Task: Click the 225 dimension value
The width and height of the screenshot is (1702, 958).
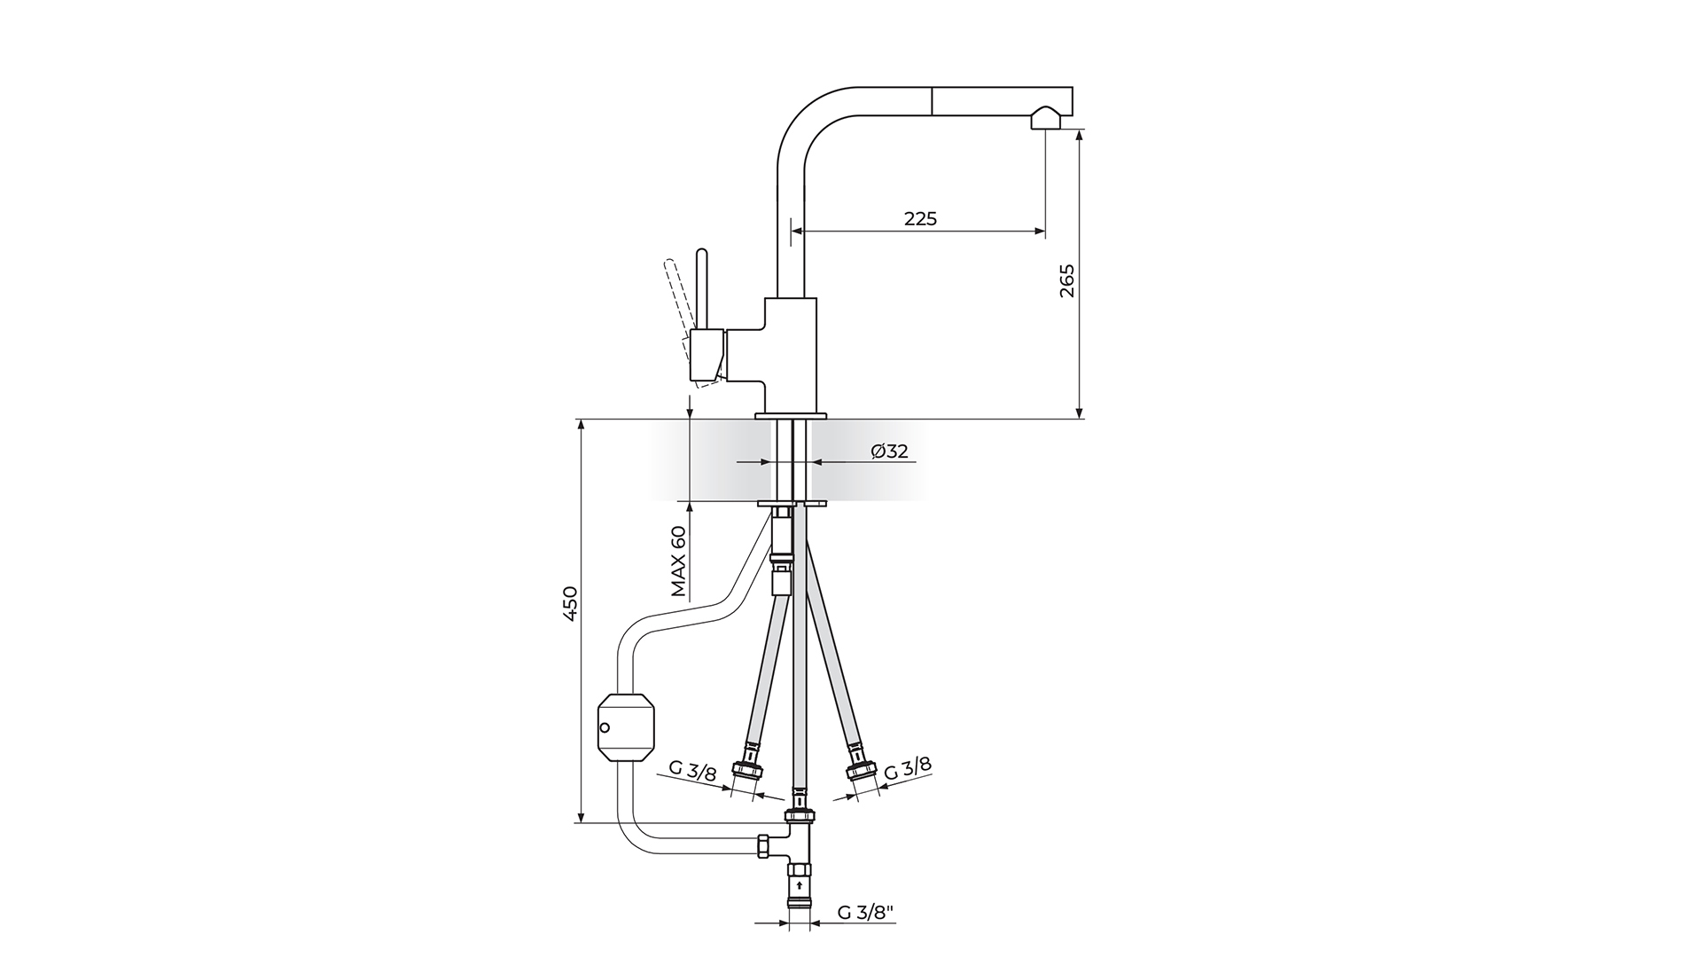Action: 920,218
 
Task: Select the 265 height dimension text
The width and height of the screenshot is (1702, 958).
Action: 1066,280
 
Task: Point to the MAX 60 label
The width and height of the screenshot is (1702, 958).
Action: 678,561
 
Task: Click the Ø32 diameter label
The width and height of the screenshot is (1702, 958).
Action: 889,451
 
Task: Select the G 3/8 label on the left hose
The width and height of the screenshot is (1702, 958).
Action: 692,771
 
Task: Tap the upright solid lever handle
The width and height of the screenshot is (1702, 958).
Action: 702,288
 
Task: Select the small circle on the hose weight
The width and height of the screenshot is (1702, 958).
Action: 605,728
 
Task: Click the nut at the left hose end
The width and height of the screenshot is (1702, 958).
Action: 745,771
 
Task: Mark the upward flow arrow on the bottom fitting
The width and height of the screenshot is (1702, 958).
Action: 800,883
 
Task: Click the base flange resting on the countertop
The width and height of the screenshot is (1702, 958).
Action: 791,415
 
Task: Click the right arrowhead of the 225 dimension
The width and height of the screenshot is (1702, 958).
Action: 1040,232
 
